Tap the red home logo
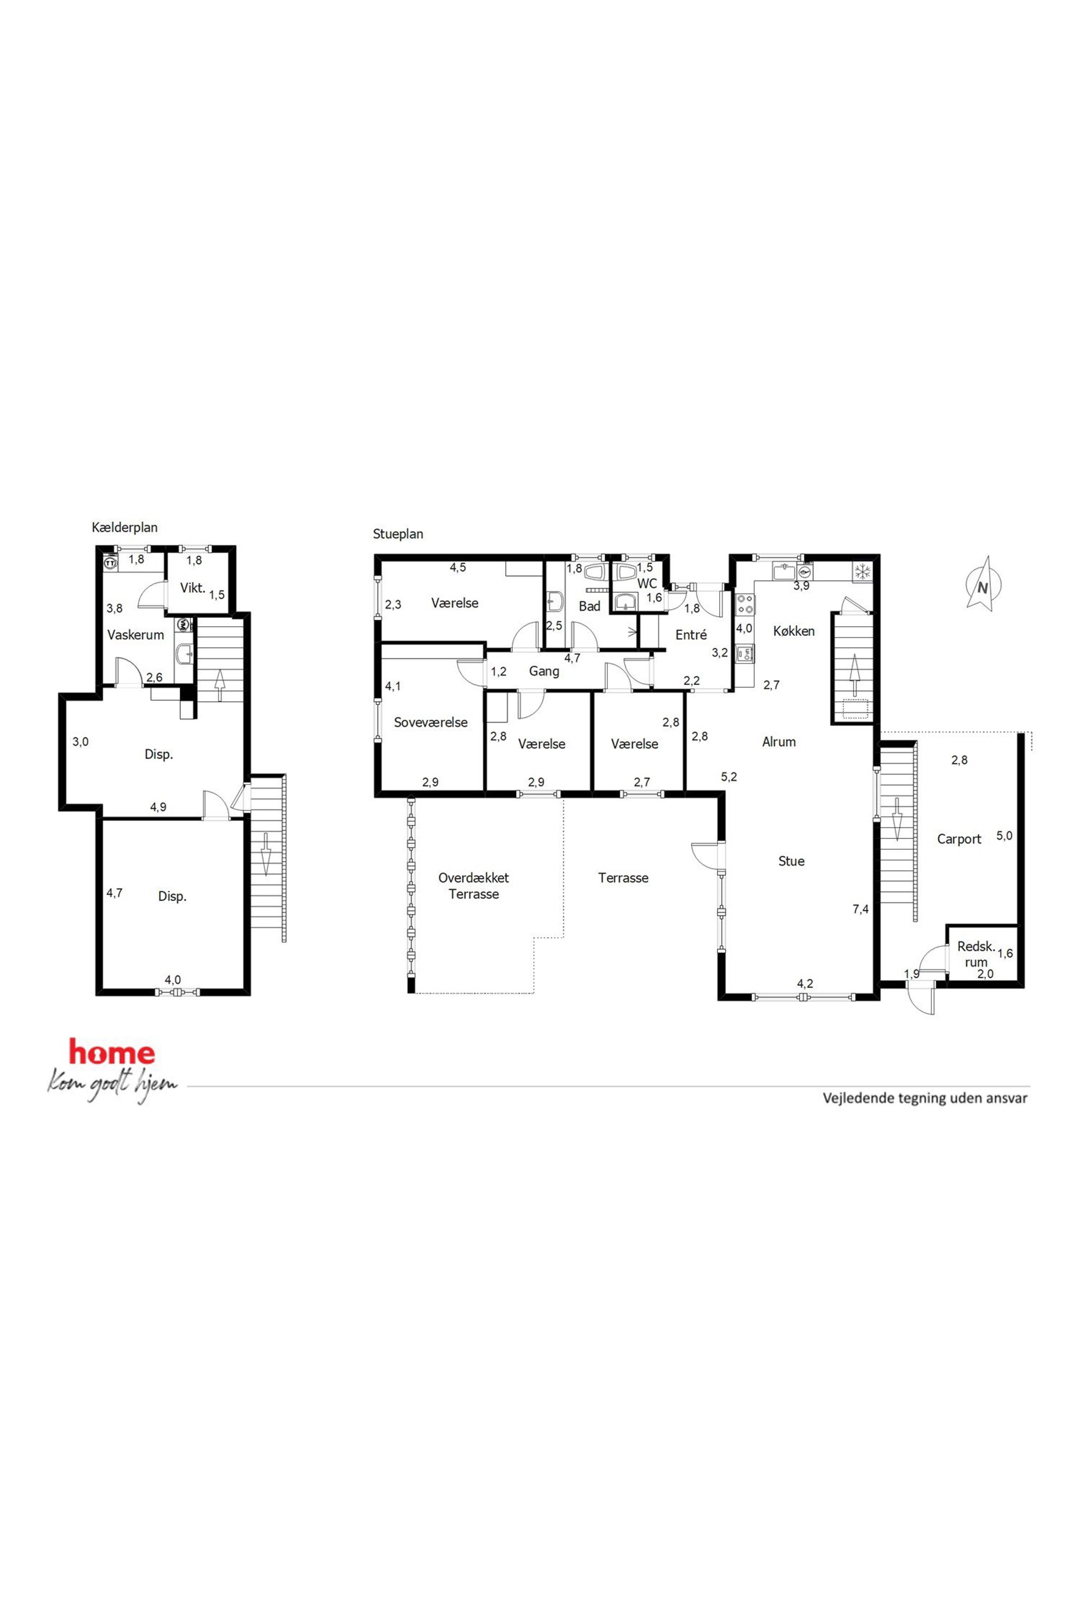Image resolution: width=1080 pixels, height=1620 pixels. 112,1052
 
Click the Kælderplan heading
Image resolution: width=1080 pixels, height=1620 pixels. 125,527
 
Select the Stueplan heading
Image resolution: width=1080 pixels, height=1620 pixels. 398,534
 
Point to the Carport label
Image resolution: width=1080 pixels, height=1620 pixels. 959,839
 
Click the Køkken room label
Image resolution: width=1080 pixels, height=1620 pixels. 794,631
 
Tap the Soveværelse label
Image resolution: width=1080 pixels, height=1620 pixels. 431,722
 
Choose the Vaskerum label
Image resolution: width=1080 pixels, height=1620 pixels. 136,635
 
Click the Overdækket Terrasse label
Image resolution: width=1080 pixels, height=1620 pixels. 474,886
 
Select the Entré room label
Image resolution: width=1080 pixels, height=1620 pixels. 691,635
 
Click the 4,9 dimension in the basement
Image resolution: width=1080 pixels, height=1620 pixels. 158,807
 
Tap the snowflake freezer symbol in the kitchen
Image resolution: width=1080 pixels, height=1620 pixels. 861,571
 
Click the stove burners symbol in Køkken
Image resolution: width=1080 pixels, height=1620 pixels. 745,604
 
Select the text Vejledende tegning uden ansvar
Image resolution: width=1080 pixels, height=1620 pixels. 925,1098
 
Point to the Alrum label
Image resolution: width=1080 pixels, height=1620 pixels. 779,742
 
